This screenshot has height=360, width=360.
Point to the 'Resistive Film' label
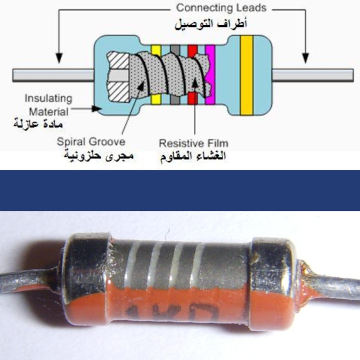[x=193, y=144]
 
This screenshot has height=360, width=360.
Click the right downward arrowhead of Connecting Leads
[x=305, y=58]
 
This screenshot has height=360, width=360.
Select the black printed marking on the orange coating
[x=171, y=313]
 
